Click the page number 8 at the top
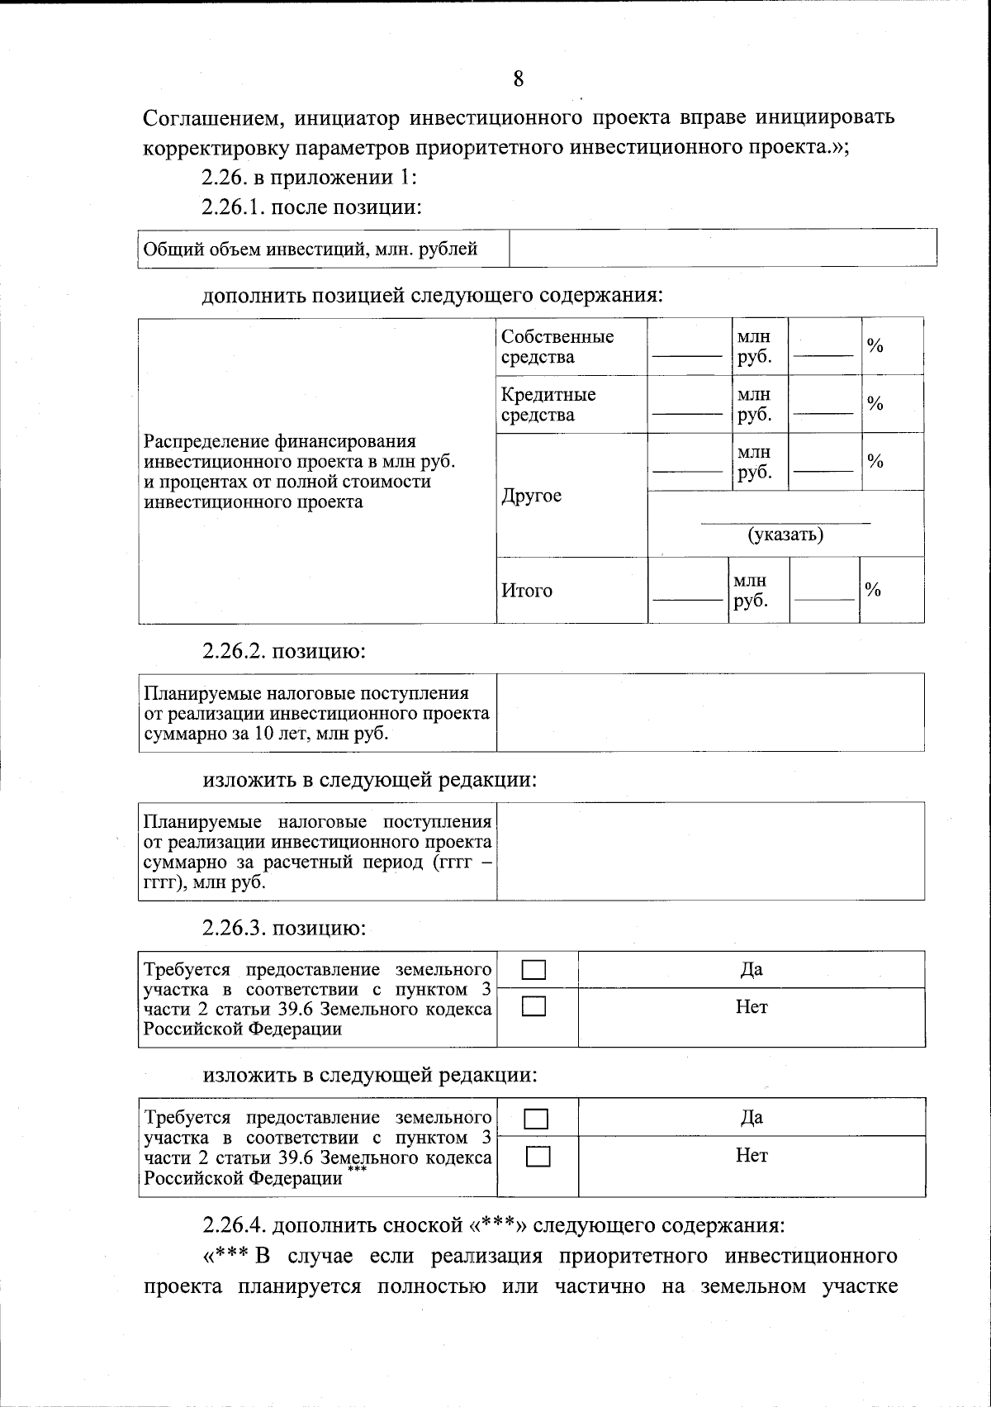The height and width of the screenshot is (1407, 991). [x=518, y=79]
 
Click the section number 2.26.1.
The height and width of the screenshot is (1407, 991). [x=234, y=207]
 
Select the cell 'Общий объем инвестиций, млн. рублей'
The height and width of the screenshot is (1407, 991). [x=311, y=249]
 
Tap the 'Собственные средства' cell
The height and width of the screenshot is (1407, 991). [x=557, y=347]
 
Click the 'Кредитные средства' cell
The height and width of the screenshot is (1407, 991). [x=548, y=405]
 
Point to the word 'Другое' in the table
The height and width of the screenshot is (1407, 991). [x=531, y=496]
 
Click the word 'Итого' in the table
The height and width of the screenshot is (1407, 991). [x=527, y=591]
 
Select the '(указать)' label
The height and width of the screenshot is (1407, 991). [x=785, y=535]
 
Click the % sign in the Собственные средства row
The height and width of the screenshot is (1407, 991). [x=875, y=346]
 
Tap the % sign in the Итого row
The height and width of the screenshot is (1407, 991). [x=873, y=590]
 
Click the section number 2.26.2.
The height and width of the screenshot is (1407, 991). [x=234, y=651]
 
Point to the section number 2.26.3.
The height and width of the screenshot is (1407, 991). [x=234, y=928]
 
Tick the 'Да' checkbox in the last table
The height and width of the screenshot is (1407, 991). [x=537, y=1119]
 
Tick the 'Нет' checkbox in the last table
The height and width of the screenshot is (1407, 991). [x=537, y=1157]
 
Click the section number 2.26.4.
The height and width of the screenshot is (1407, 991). [x=235, y=1224]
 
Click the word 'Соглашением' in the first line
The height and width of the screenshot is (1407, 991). [x=214, y=118]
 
